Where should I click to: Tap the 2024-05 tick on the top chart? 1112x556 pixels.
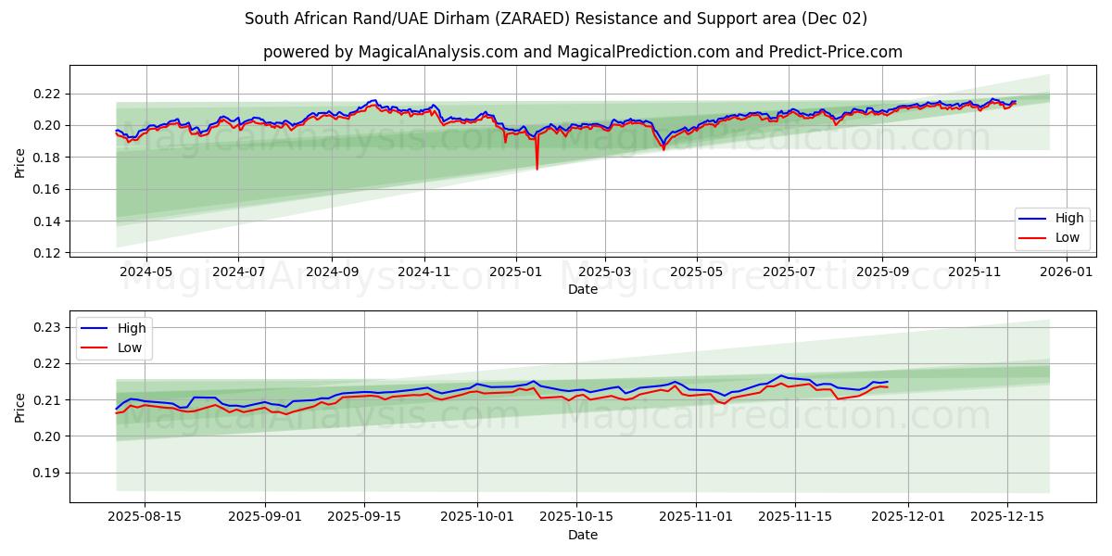coord(145,272)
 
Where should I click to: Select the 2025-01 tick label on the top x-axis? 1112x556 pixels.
coord(514,272)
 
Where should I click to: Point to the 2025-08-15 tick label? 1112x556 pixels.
coord(145,517)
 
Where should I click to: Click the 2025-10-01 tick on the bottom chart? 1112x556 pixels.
coord(476,517)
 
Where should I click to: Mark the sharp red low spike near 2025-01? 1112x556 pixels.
coord(537,167)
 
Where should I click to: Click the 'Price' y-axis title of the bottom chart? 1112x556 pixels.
coord(20,407)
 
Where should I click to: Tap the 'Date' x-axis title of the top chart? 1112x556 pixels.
coord(582,289)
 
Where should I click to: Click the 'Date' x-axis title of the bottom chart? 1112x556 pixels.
coord(582,535)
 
